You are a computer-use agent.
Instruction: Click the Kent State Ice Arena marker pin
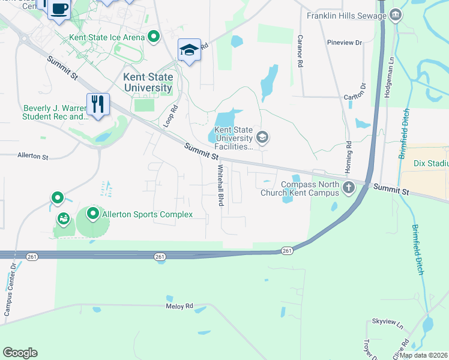coord(154,37)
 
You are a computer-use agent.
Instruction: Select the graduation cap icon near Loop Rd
coord(189,50)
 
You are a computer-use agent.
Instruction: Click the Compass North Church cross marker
coord(348,188)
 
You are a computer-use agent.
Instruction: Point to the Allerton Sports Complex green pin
coord(93,214)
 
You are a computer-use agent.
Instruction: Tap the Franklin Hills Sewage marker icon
coord(396,15)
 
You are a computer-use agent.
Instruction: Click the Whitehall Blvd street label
coord(220,186)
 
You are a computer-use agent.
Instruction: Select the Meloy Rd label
coord(179,306)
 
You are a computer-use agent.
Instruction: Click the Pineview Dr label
coord(345,43)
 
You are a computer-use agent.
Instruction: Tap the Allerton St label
coord(33,156)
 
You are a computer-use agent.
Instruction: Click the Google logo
coord(20,353)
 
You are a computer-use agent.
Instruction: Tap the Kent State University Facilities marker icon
coord(262,137)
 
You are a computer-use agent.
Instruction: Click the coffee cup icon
coord(59,9)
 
